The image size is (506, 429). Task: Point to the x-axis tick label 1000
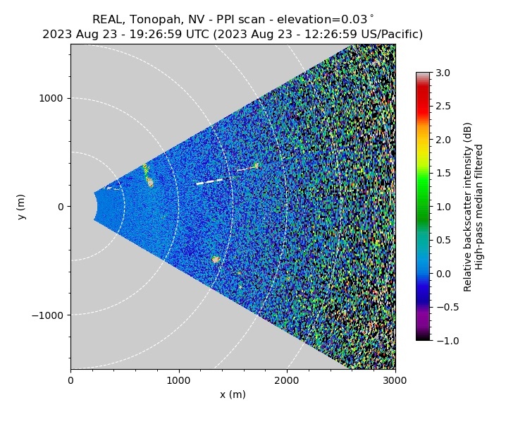click(178, 380)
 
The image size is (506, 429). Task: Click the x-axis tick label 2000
click(287, 380)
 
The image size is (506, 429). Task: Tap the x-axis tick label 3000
click(395, 380)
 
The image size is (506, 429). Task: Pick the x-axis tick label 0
click(70, 380)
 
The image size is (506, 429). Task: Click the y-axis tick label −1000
click(48, 315)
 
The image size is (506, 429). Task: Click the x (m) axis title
click(233, 394)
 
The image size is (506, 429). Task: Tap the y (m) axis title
click(22, 206)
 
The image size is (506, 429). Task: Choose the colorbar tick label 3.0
click(443, 73)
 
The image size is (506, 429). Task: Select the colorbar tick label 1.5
click(443, 174)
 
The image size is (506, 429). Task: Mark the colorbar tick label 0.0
click(443, 274)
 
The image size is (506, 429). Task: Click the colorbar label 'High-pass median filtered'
click(479, 207)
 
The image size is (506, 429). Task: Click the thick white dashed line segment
click(209, 182)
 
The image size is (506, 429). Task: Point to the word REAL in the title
click(107, 20)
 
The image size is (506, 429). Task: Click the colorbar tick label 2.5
click(443, 107)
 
